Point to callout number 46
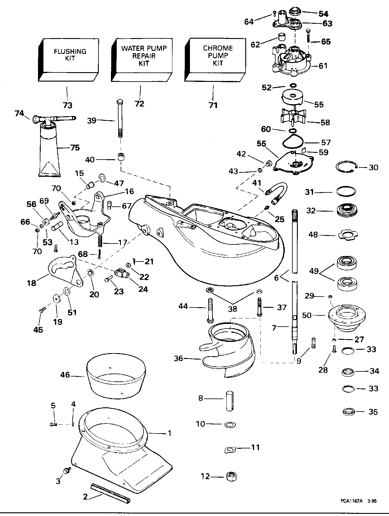[65, 375]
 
